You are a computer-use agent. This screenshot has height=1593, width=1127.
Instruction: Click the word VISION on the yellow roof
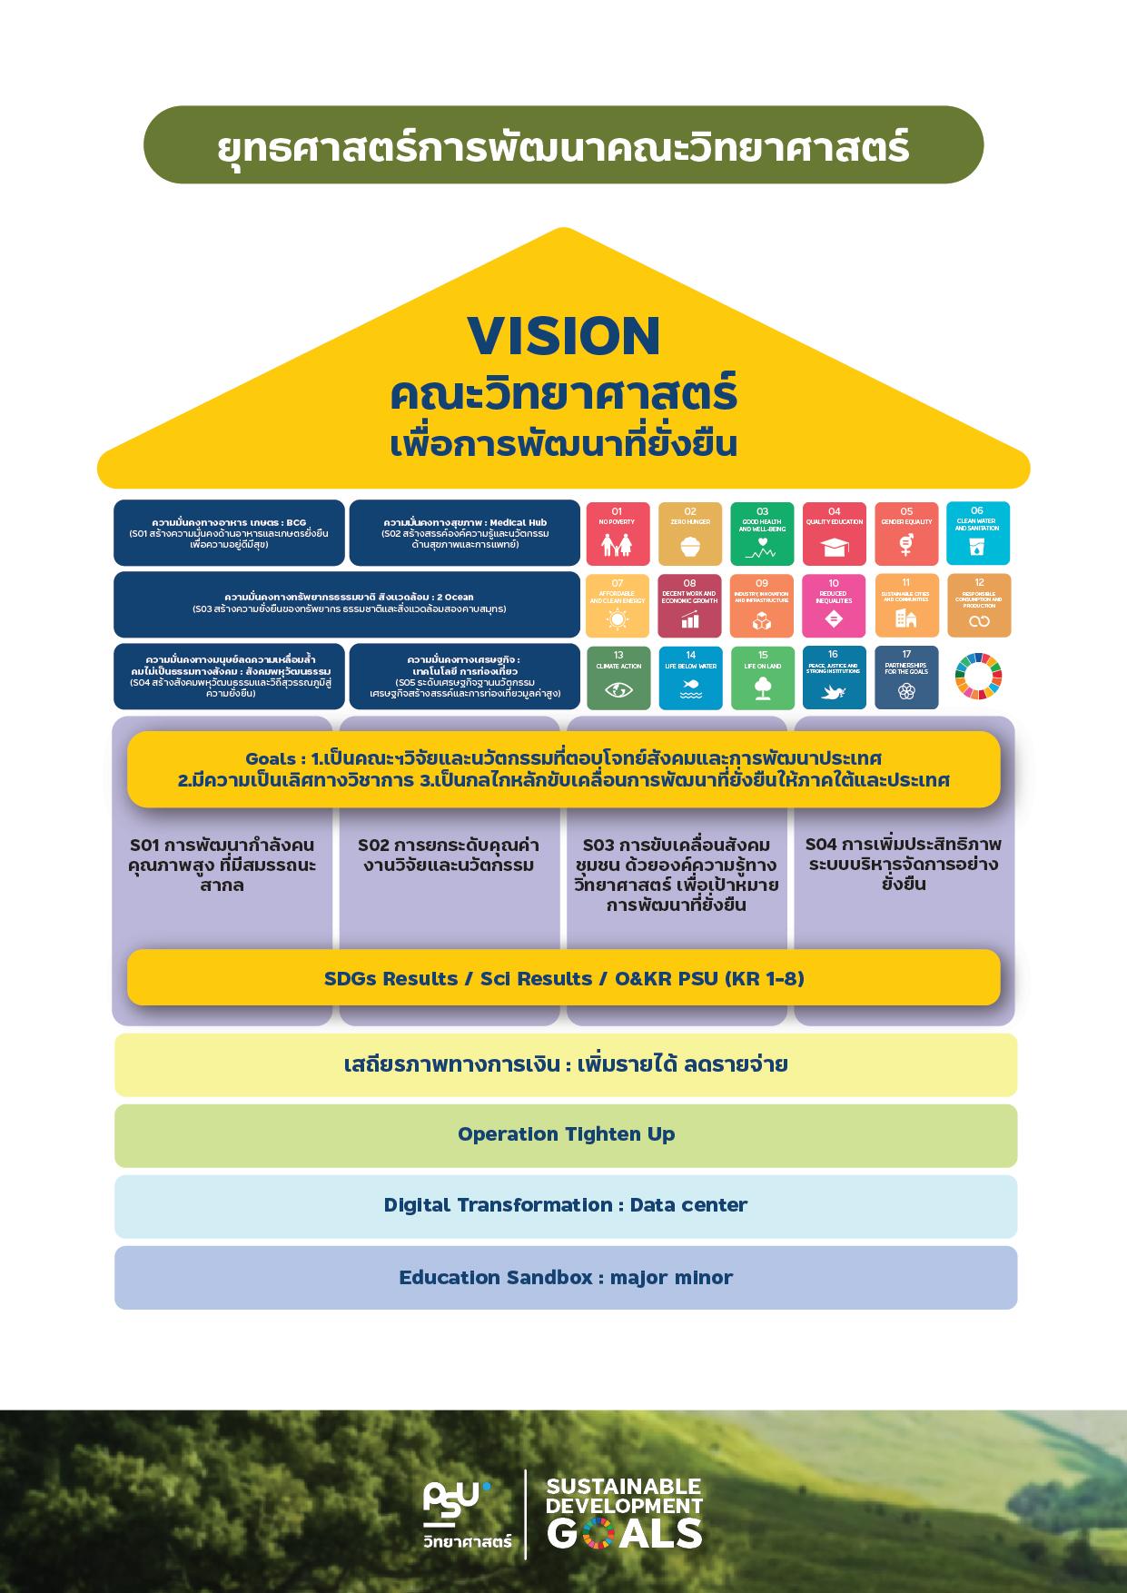(x=563, y=335)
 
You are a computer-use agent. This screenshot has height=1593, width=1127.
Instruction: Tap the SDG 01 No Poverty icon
(x=618, y=534)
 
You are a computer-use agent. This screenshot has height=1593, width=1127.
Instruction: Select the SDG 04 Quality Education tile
(x=835, y=534)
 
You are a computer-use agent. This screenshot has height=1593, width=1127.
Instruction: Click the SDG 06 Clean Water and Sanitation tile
(x=978, y=534)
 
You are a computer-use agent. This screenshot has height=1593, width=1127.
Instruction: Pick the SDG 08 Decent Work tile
(x=689, y=606)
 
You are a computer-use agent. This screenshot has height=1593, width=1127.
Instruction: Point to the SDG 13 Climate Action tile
(x=618, y=678)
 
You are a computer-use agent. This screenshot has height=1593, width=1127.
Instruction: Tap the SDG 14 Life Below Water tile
(x=690, y=678)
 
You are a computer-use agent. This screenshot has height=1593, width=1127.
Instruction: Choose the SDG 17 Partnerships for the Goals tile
(x=906, y=678)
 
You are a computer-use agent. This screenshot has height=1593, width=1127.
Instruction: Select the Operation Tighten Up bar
(x=566, y=1135)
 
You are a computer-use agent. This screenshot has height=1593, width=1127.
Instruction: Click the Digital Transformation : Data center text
(x=566, y=1205)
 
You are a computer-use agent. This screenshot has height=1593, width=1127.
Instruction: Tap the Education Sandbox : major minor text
(x=566, y=1278)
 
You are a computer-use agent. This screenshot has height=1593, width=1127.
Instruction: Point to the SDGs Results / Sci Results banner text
(x=564, y=978)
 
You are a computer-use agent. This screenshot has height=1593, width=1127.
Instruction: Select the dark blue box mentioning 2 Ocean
(x=347, y=604)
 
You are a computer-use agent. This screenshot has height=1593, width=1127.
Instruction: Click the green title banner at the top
(x=563, y=145)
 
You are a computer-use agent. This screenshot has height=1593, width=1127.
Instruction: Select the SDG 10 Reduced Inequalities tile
(x=835, y=606)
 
